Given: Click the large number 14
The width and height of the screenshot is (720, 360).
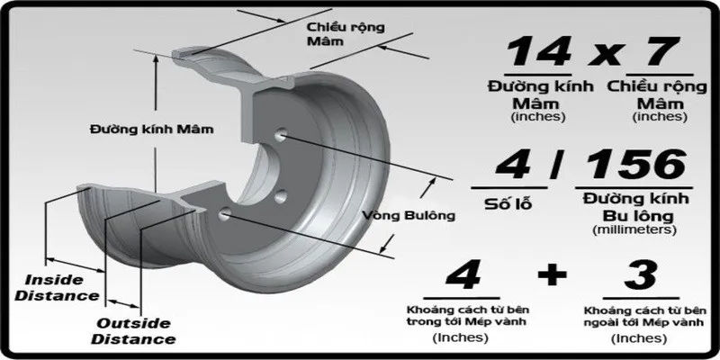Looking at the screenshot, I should pyautogui.click(x=538, y=52).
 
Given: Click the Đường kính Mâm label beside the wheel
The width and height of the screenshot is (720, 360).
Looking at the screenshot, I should pyautogui.click(x=152, y=129).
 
